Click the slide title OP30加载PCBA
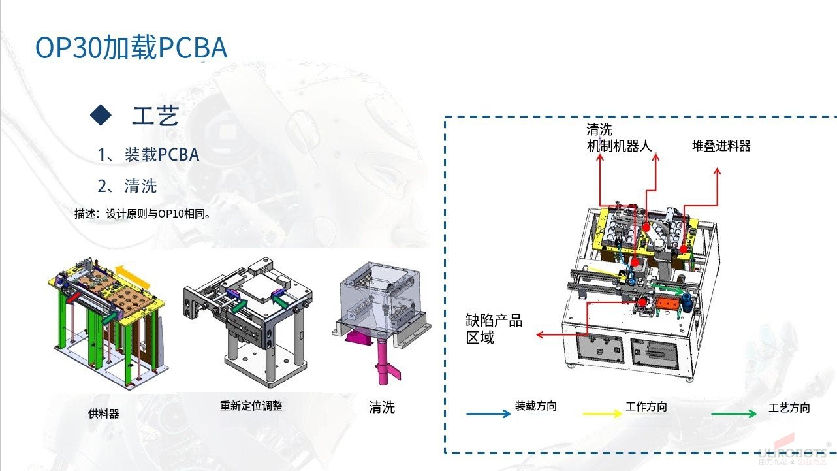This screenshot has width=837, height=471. [131, 48]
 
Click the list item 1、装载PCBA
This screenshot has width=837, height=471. [149, 155]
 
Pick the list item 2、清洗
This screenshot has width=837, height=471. [127, 186]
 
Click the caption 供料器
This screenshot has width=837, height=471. [104, 414]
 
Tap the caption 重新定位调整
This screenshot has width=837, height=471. [251, 406]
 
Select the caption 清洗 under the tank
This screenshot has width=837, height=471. [382, 408]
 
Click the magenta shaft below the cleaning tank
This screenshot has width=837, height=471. [381, 363]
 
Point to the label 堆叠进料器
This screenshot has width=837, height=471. [721, 146]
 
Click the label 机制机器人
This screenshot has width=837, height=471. [620, 145]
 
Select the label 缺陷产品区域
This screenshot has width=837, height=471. [494, 329]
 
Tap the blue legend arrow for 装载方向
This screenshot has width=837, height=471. [488, 414]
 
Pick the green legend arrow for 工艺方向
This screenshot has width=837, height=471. [734, 414]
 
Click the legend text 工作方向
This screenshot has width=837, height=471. [646, 407]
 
